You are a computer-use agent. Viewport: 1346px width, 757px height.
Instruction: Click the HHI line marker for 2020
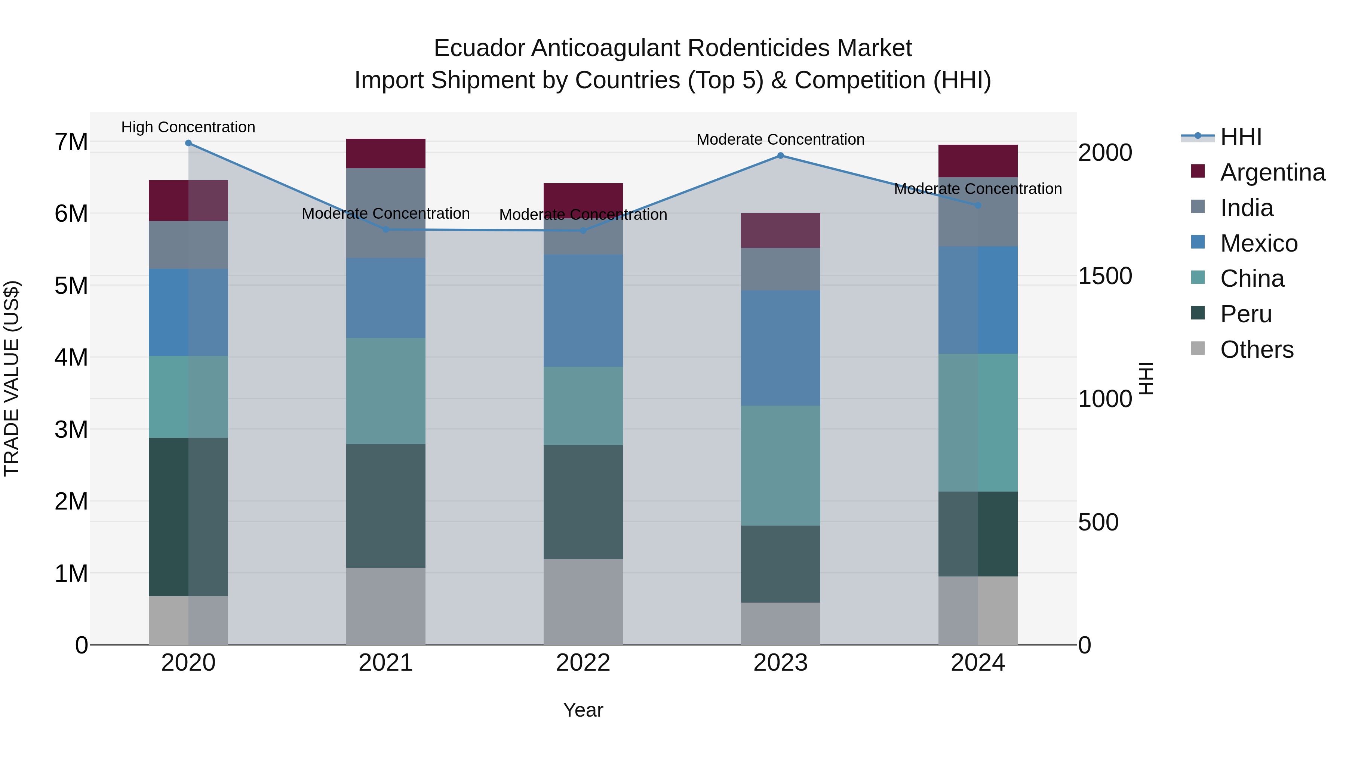point(189,143)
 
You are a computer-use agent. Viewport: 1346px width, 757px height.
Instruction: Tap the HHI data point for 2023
point(781,156)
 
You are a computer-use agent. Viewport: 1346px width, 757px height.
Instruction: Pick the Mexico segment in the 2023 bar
point(781,348)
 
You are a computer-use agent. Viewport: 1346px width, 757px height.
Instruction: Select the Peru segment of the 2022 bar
point(583,502)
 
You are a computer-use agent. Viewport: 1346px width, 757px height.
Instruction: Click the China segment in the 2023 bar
point(781,465)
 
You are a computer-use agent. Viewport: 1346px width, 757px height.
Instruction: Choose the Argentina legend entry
point(1272,172)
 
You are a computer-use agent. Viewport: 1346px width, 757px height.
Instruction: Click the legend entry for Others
point(1257,350)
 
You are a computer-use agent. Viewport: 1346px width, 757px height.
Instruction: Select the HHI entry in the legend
point(1241,137)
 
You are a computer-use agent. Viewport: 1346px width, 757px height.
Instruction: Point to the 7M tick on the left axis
point(71,142)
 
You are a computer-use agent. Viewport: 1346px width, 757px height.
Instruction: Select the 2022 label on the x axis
point(583,663)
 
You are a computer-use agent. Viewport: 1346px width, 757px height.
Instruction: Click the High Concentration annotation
point(189,127)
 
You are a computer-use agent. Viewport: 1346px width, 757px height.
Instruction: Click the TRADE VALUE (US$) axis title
point(12,378)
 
